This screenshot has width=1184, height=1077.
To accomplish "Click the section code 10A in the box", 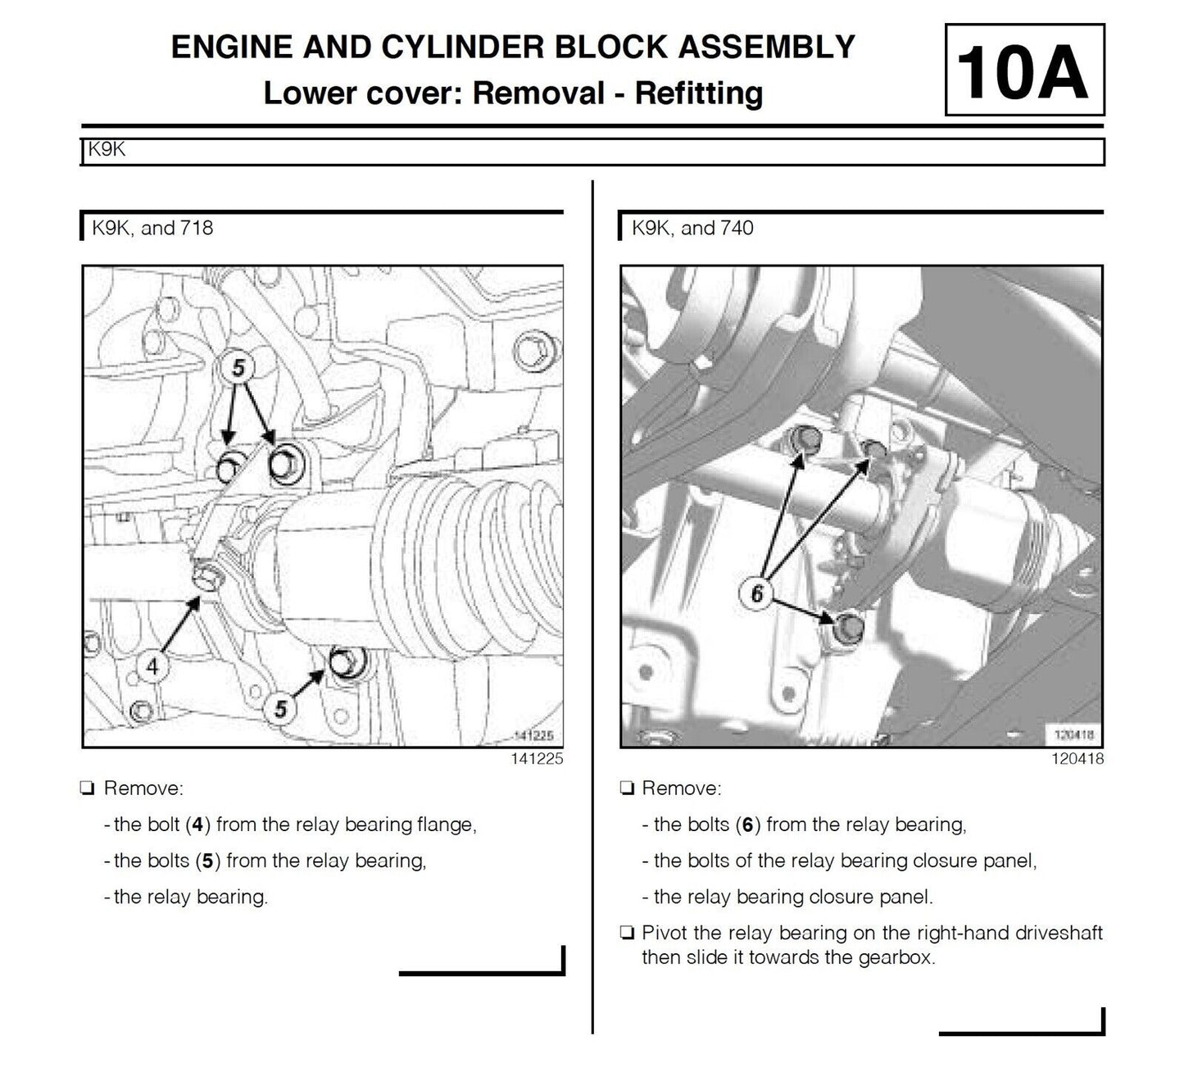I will tap(1023, 71).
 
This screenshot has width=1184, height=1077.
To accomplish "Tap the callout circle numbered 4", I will tap(153, 666).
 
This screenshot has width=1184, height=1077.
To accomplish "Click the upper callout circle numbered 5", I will tap(238, 368).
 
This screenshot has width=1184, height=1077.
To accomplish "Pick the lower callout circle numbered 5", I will tap(281, 707).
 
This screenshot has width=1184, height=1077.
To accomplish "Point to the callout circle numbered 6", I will tap(756, 593).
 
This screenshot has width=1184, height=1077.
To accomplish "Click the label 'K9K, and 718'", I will tap(152, 228).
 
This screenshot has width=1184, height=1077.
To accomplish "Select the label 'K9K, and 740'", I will tap(692, 228).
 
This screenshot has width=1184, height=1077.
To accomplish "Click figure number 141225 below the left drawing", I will tap(537, 759).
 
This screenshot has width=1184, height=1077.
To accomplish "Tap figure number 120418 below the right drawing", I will tap(1077, 759).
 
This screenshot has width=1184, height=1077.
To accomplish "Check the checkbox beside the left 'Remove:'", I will tap(87, 788).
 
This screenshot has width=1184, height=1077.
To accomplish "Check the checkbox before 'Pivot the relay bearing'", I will tap(627, 933).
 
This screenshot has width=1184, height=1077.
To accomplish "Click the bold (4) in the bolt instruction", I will tap(197, 825).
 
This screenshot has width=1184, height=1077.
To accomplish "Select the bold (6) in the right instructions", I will tap(746, 825).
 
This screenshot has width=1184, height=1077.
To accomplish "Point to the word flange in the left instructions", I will tap(446, 825).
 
